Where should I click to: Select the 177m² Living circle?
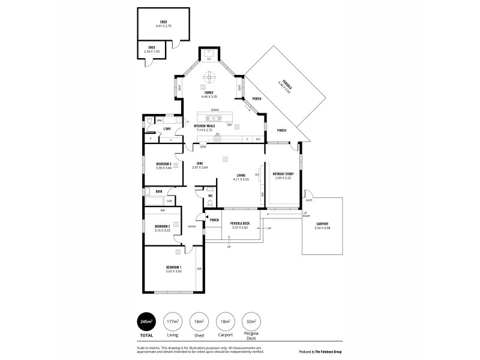[x=174, y=322]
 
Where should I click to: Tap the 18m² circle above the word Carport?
[x=225, y=322]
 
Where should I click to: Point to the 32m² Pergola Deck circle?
[x=251, y=322]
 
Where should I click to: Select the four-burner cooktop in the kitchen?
[x=217, y=139]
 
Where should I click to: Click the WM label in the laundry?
[x=160, y=121]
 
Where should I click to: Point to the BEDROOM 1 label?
[x=174, y=266]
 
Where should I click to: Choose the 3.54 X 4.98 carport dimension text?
[x=323, y=229]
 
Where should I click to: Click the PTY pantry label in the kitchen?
[x=258, y=139]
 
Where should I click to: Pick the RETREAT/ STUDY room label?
[x=282, y=175]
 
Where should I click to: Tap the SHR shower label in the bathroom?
[x=169, y=200]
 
